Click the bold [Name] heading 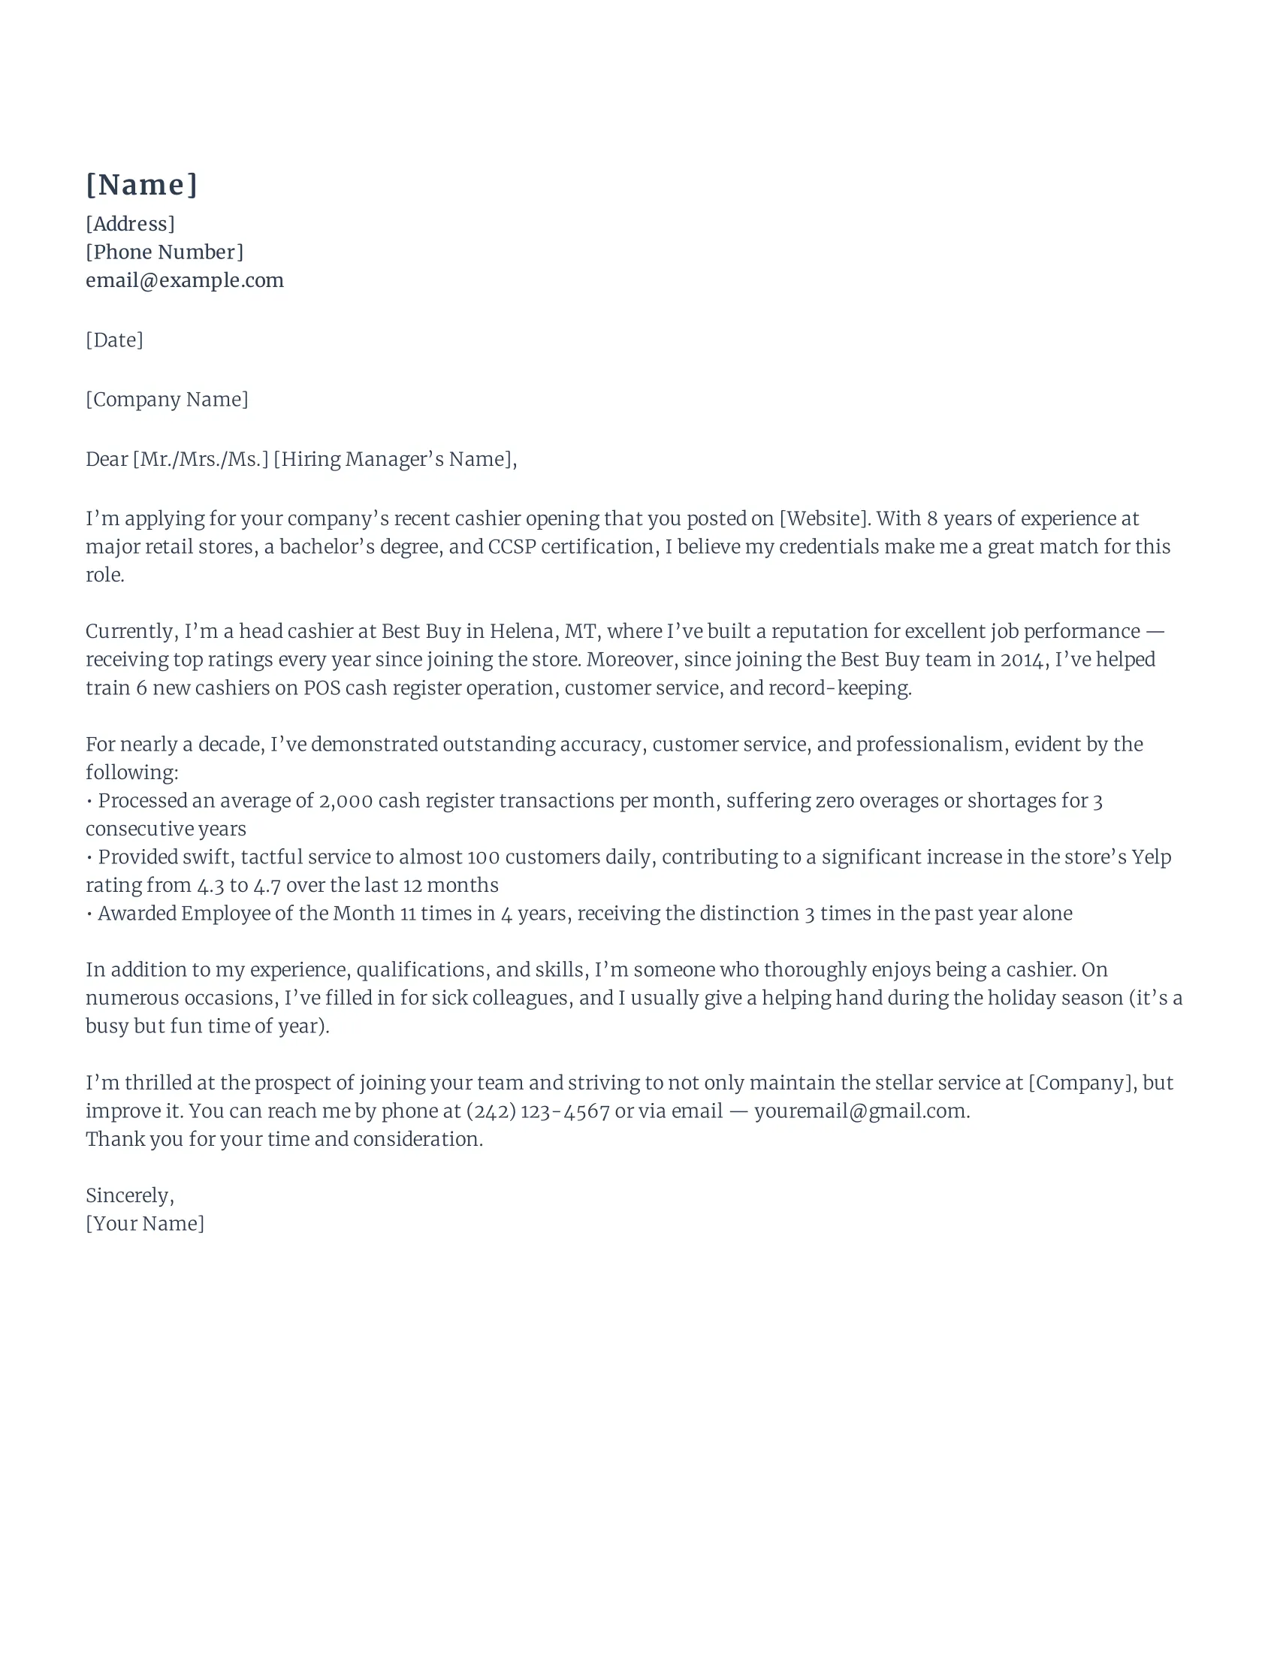tap(141, 185)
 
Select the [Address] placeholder tap(130, 224)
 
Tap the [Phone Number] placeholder tap(165, 252)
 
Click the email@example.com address tap(185, 280)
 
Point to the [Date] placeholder tap(114, 340)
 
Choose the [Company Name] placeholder tap(167, 399)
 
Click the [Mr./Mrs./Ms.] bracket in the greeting tap(201, 459)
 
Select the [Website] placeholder tap(825, 518)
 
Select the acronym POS tap(322, 688)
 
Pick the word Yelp tap(1152, 857)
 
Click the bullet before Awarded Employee tap(90, 914)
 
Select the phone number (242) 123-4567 tap(538, 1111)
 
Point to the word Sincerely tap(129, 1196)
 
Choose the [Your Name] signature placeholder tap(144, 1224)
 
